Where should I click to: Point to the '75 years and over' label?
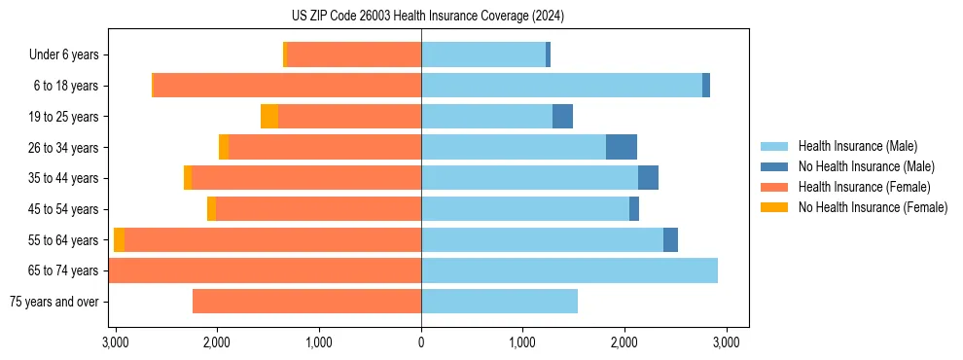pos(53,302)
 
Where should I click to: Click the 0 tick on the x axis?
pos(421,342)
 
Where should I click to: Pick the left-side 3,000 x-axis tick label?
pos(116,342)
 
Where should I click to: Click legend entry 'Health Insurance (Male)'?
pos(857,147)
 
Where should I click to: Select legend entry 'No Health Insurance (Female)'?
pos(873,207)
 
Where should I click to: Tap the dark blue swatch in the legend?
pos(774,167)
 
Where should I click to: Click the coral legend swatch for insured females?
pos(774,187)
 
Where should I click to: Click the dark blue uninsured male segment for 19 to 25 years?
pos(562,117)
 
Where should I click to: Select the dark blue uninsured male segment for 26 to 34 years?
pos(621,147)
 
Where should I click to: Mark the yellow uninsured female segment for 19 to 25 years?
pos(269,117)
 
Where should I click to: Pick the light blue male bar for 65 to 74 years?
pos(569,270)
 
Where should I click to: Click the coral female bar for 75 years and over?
pos(306,302)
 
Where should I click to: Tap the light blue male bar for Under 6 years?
pos(483,55)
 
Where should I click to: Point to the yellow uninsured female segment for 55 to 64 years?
pos(119,240)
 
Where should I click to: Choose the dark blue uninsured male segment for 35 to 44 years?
pos(648,178)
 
